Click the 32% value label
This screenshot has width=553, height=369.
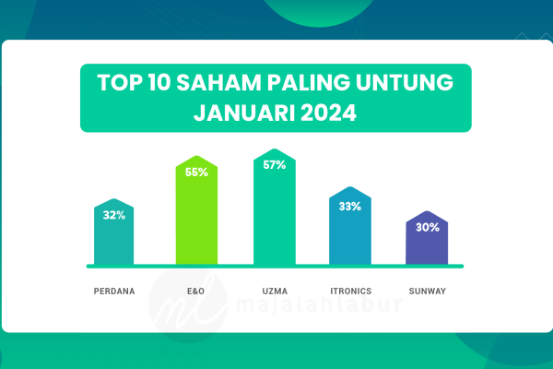114,215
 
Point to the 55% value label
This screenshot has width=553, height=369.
196,173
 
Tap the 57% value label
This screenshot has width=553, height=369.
275,165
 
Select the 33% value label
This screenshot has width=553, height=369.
350,207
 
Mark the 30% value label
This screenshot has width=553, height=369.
428,228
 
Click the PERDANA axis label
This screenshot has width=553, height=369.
114,291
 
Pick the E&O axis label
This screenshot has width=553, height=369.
195,291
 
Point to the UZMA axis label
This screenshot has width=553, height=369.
275,291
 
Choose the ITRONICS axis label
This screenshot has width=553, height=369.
351,291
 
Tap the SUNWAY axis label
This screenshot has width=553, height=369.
428,291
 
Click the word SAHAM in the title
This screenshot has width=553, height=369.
218,83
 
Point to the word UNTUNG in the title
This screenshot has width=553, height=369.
405,83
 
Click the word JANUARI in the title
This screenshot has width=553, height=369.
244,113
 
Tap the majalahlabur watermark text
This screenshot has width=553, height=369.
319,304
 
